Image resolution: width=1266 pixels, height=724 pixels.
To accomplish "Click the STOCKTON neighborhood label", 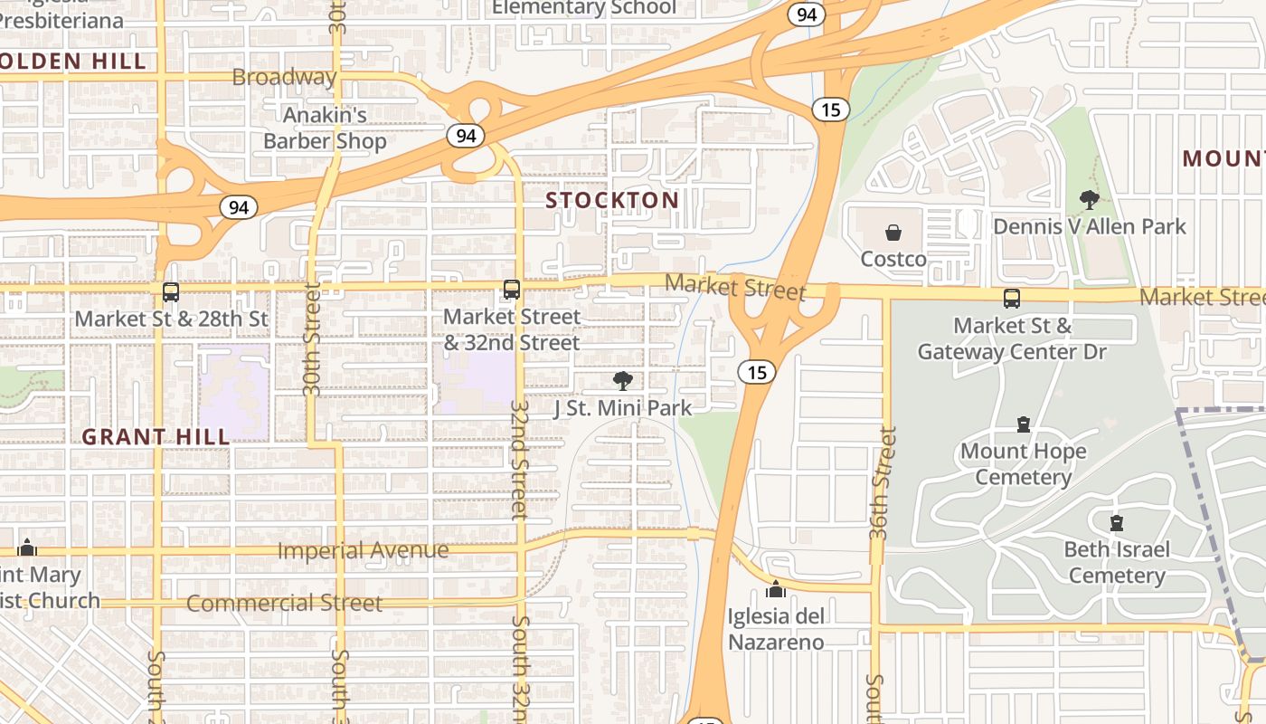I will [612, 200].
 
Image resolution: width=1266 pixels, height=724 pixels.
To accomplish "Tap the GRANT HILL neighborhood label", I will [156, 437].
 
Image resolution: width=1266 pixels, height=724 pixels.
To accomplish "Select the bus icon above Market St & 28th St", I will [171, 292].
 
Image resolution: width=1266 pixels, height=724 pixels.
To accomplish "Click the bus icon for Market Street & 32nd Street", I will [512, 291].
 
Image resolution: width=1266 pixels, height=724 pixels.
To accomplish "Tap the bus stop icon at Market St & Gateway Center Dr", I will [1012, 298].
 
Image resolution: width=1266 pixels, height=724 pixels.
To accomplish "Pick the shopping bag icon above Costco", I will [893, 233].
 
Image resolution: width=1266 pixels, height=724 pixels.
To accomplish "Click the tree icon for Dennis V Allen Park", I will [1089, 199].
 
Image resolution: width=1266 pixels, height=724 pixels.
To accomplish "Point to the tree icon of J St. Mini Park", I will [622, 381].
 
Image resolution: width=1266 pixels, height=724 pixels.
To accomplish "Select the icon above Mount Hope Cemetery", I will [1024, 424].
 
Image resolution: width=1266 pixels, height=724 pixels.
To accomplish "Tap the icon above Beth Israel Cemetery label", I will [1117, 522].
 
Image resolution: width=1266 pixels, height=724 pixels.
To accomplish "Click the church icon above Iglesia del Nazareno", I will [775, 590].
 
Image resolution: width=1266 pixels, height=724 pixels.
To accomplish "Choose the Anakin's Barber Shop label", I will [325, 129].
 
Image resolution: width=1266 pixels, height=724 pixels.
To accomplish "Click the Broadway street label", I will [284, 77].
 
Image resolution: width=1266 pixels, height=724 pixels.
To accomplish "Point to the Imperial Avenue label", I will [363, 550].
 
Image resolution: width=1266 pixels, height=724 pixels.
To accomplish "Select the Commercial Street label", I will [284, 603].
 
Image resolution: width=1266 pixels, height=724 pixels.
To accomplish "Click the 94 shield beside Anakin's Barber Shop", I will [466, 136].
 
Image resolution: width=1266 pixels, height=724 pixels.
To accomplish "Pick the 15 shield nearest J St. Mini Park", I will [756, 371].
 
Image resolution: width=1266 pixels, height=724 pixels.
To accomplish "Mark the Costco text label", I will [893, 259].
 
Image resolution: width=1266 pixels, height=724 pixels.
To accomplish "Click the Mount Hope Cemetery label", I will [1024, 463].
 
